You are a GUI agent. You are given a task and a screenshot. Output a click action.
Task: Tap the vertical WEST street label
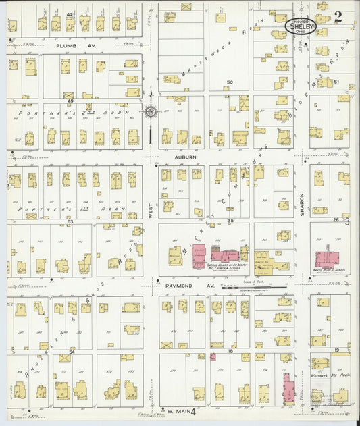coord(151,211)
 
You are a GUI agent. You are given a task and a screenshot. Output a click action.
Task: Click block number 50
coord(230,83)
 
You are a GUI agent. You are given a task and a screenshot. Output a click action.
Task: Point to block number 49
coord(70,101)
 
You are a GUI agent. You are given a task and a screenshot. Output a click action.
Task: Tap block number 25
coord(230,221)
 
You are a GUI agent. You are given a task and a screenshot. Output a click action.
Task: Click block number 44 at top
coord(70,14)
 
